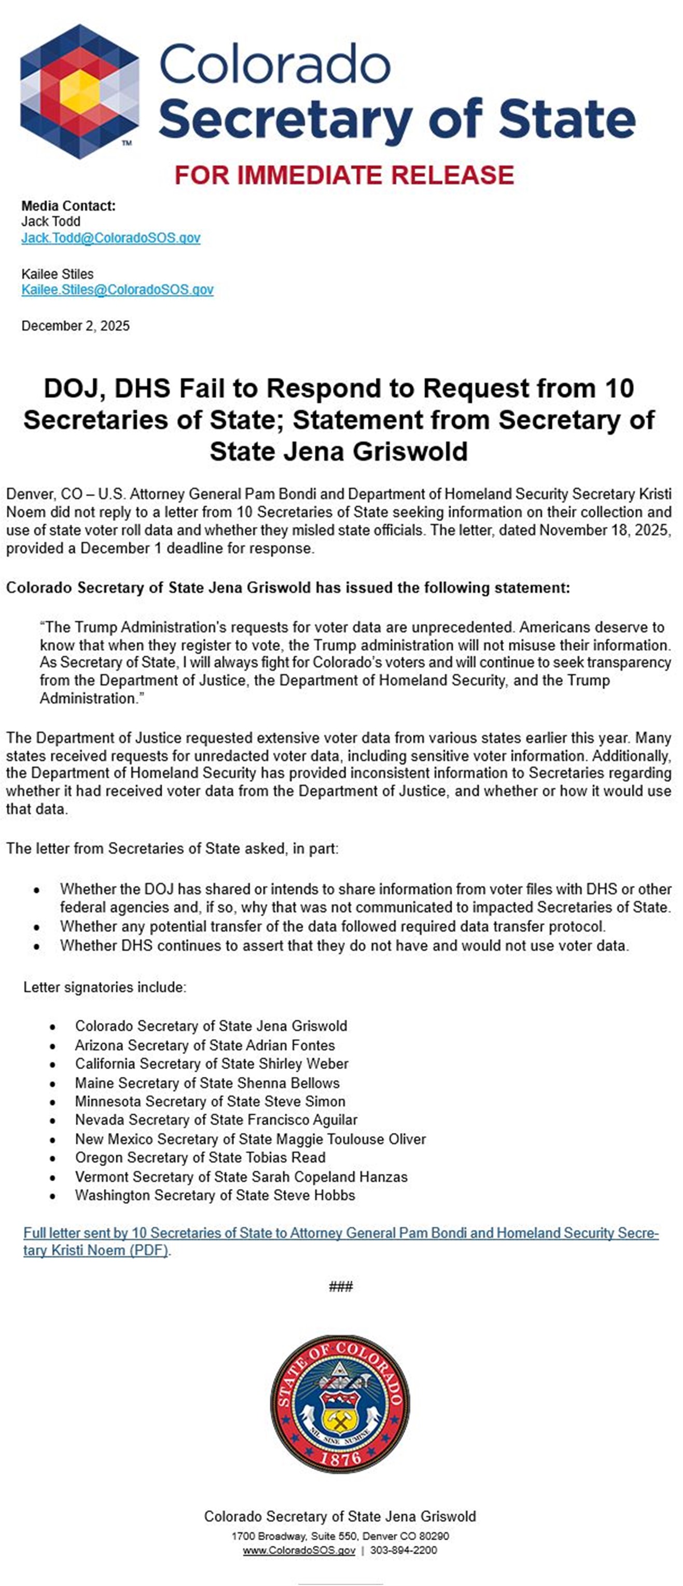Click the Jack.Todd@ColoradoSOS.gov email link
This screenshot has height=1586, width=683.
pos(111,238)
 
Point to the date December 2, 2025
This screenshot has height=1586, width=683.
pos(76,326)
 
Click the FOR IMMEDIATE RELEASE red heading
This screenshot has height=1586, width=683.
pos(344,175)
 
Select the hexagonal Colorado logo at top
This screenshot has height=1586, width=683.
pos(79,92)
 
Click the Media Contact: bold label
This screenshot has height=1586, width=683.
pos(68,206)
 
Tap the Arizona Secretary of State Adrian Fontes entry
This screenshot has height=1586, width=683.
pos(205,1045)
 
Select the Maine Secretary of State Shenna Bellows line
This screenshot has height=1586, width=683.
pos(207,1083)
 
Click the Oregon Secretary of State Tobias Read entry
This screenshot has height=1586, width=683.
pos(200,1157)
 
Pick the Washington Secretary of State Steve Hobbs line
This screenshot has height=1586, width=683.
pos(215,1195)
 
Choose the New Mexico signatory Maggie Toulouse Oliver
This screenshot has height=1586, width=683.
pos(250,1139)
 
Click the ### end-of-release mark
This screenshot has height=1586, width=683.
pos(341,1286)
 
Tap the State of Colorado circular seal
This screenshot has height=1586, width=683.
pos(340,1404)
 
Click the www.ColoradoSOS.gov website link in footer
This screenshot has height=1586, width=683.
pos(299,1550)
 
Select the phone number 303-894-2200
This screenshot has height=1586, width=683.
pos(403,1550)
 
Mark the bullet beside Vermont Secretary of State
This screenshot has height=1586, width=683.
pos(53,1177)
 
